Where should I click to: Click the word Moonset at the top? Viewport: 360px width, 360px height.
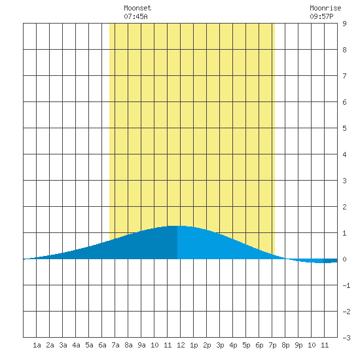[x=137, y=8]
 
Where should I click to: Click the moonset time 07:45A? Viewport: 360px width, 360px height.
[x=135, y=16]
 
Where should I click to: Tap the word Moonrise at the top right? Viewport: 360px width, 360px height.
[x=325, y=8]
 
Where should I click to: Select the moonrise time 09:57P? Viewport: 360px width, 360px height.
[x=321, y=16]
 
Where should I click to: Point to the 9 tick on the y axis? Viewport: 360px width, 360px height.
[x=344, y=24]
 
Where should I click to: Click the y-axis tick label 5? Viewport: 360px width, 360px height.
[x=344, y=128]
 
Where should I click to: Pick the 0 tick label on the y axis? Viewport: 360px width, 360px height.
[x=344, y=259]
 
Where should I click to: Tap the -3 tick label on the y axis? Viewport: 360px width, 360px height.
[x=346, y=338]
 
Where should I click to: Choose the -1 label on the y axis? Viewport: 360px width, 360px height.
[x=346, y=285]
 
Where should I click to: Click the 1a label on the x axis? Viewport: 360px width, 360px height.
[x=37, y=345]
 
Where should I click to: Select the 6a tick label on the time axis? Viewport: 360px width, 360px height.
[x=102, y=345]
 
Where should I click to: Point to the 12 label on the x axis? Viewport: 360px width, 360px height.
[x=181, y=345]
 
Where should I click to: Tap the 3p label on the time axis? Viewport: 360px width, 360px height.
[x=220, y=345]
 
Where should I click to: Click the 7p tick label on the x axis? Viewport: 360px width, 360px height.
[x=272, y=345]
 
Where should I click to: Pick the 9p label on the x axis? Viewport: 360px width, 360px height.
[x=298, y=345]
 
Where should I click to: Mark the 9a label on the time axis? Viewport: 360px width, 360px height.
[x=141, y=345]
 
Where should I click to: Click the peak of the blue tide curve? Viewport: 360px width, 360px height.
[x=177, y=226]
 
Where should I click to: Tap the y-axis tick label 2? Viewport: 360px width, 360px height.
[x=344, y=207]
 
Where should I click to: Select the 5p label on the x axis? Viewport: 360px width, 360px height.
[x=246, y=345]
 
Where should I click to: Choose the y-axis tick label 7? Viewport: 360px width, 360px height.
[x=344, y=76]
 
